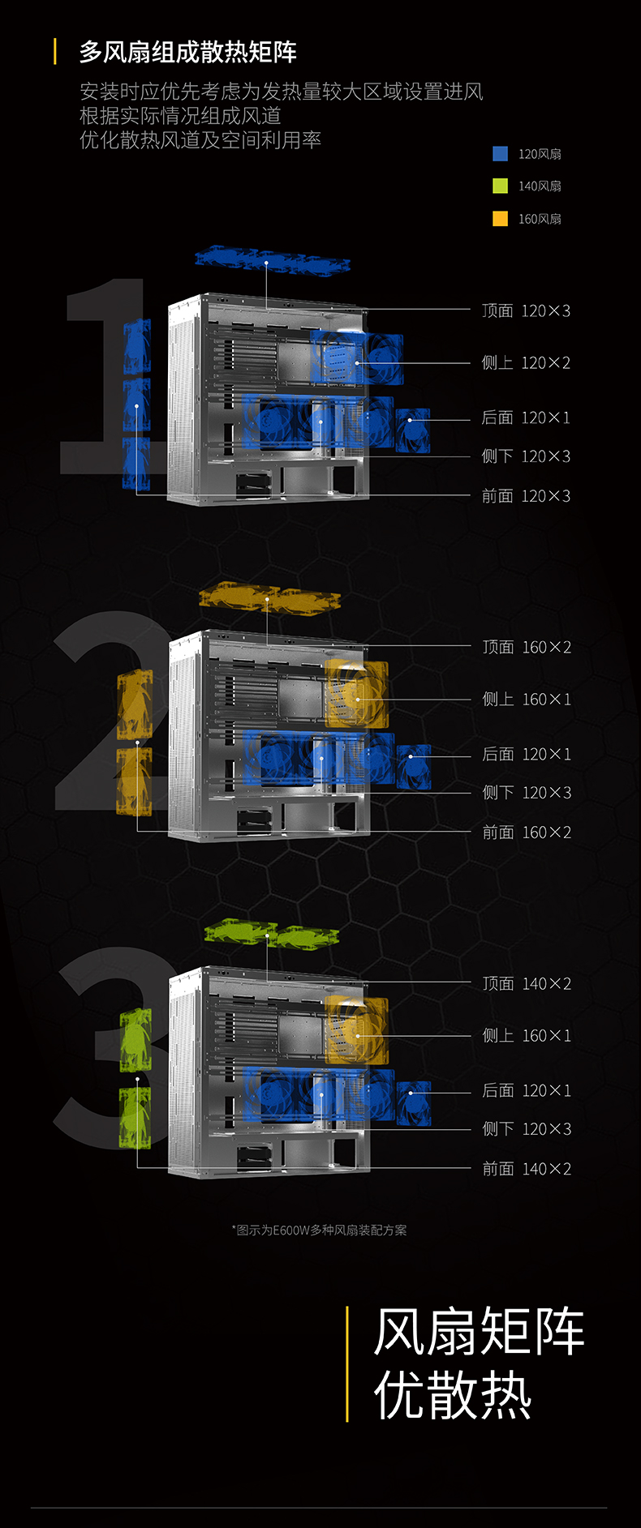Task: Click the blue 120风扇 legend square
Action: [x=501, y=154]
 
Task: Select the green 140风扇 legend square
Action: [x=501, y=186]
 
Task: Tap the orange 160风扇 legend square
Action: [x=501, y=219]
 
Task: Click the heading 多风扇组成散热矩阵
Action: [x=188, y=53]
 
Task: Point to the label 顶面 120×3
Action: [x=526, y=310]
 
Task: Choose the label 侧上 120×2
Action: [x=526, y=363]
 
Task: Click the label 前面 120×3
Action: [x=526, y=496]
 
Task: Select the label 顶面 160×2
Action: [x=527, y=647]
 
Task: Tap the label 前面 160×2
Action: [x=527, y=832]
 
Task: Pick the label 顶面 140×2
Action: [x=527, y=983]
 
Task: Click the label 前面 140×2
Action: [x=527, y=1169]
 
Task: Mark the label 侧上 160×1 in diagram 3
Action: [x=527, y=1036]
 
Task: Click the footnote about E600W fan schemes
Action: [x=320, y=1230]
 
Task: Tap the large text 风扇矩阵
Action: [x=479, y=1332]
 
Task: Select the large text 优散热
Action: [x=453, y=1395]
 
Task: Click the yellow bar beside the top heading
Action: [x=55, y=52]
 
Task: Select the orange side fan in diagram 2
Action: [x=356, y=695]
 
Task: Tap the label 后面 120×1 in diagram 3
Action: [x=527, y=1091]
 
